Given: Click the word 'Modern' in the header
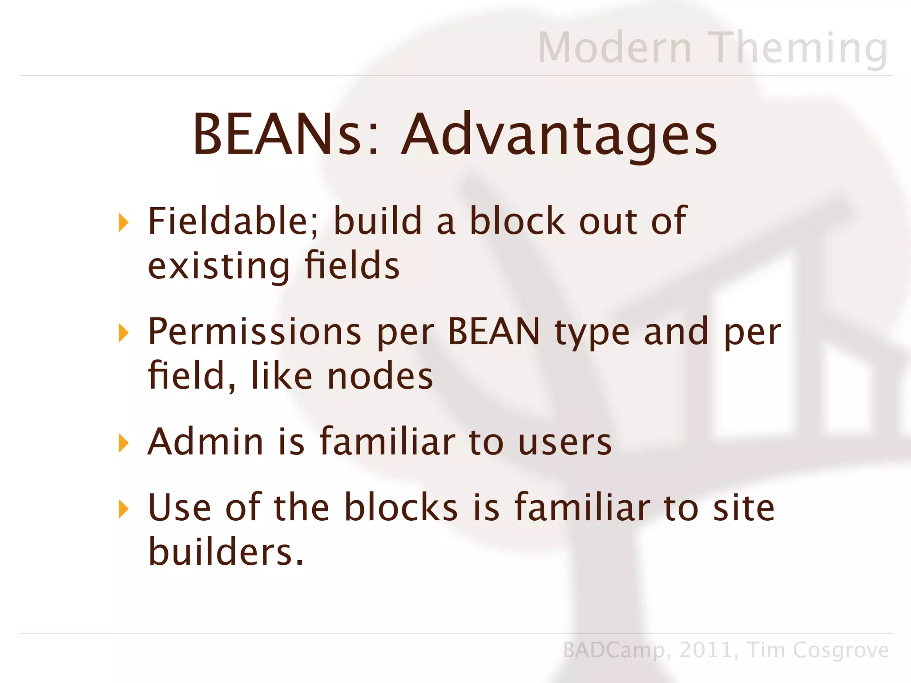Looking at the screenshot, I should tap(615, 48).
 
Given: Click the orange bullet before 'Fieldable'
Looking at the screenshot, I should tap(124, 222).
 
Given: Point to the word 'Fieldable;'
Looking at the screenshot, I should tap(233, 221).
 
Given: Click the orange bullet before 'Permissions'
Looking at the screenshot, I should tap(124, 333).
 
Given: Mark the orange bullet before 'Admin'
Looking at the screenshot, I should tap(124, 443).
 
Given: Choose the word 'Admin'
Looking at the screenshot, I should tap(206, 442).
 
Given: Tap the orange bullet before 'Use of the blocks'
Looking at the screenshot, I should tap(124, 509).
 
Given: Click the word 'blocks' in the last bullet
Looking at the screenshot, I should tap(401, 507).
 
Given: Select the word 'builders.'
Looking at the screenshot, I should tap(226, 552).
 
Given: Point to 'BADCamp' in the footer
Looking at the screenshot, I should tap(614, 651).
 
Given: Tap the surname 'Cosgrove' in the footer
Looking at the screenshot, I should tap(840, 651).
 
